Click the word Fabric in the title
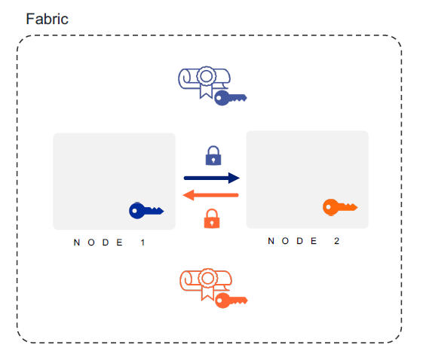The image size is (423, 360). [47, 19]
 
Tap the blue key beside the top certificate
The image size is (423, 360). [229, 97]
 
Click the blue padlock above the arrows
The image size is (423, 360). [213, 156]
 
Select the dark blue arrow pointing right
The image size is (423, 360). [211, 178]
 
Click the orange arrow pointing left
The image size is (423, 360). [211, 196]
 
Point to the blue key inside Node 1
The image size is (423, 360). [146, 211]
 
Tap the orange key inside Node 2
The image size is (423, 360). [339, 207]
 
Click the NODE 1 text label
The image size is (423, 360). [109, 243]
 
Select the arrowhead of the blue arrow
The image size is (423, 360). [234, 178]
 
